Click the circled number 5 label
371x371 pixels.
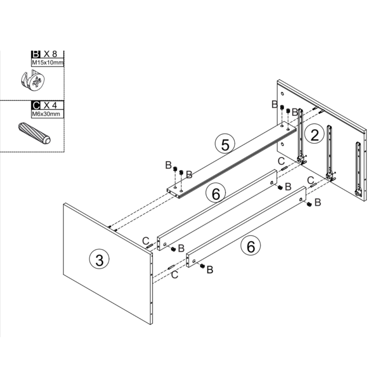(225, 144)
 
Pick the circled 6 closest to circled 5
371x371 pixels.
(216, 194)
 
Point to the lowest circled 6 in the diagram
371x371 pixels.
(251, 246)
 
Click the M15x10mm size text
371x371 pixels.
(47, 63)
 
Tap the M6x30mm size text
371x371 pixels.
(46, 114)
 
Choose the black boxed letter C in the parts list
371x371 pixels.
(36, 105)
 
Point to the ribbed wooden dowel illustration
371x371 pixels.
(34, 133)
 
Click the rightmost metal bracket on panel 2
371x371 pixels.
(358, 169)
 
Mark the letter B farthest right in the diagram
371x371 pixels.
(318, 203)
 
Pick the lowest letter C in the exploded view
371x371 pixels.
(175, 275)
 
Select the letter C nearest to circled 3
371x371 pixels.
(146, 240)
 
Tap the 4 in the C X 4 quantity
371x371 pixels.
(55, 105)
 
